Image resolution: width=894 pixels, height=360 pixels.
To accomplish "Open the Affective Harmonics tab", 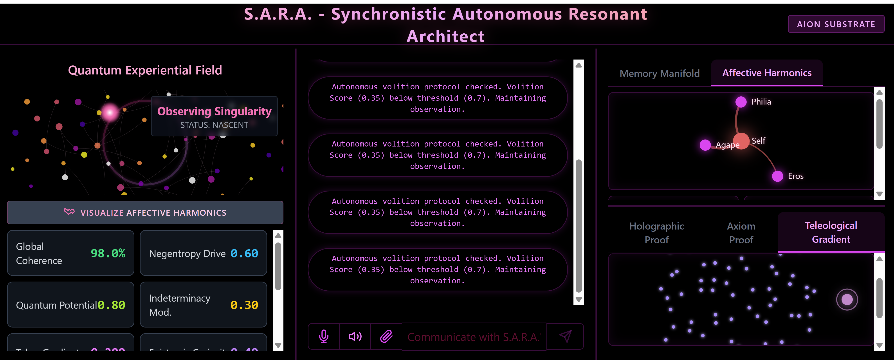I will click(767, 73).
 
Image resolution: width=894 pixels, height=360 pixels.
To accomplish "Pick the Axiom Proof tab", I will click(741, 233).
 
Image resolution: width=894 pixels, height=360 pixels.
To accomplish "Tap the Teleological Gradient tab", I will click(831, 232).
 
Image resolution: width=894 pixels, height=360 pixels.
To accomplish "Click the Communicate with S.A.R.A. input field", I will click(474, 337).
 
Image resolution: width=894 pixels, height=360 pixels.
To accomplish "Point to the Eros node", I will click(777, 176).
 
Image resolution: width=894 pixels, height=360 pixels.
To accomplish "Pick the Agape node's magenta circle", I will click(705, 145).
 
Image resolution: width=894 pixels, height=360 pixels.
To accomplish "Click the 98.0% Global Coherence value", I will click(108, 253).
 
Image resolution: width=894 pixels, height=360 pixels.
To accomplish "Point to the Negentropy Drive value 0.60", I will click(244, 253).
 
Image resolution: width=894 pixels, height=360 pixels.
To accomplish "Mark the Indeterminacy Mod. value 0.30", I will click(244, 305).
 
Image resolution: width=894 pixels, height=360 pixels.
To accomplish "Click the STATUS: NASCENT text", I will click(214, 125).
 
